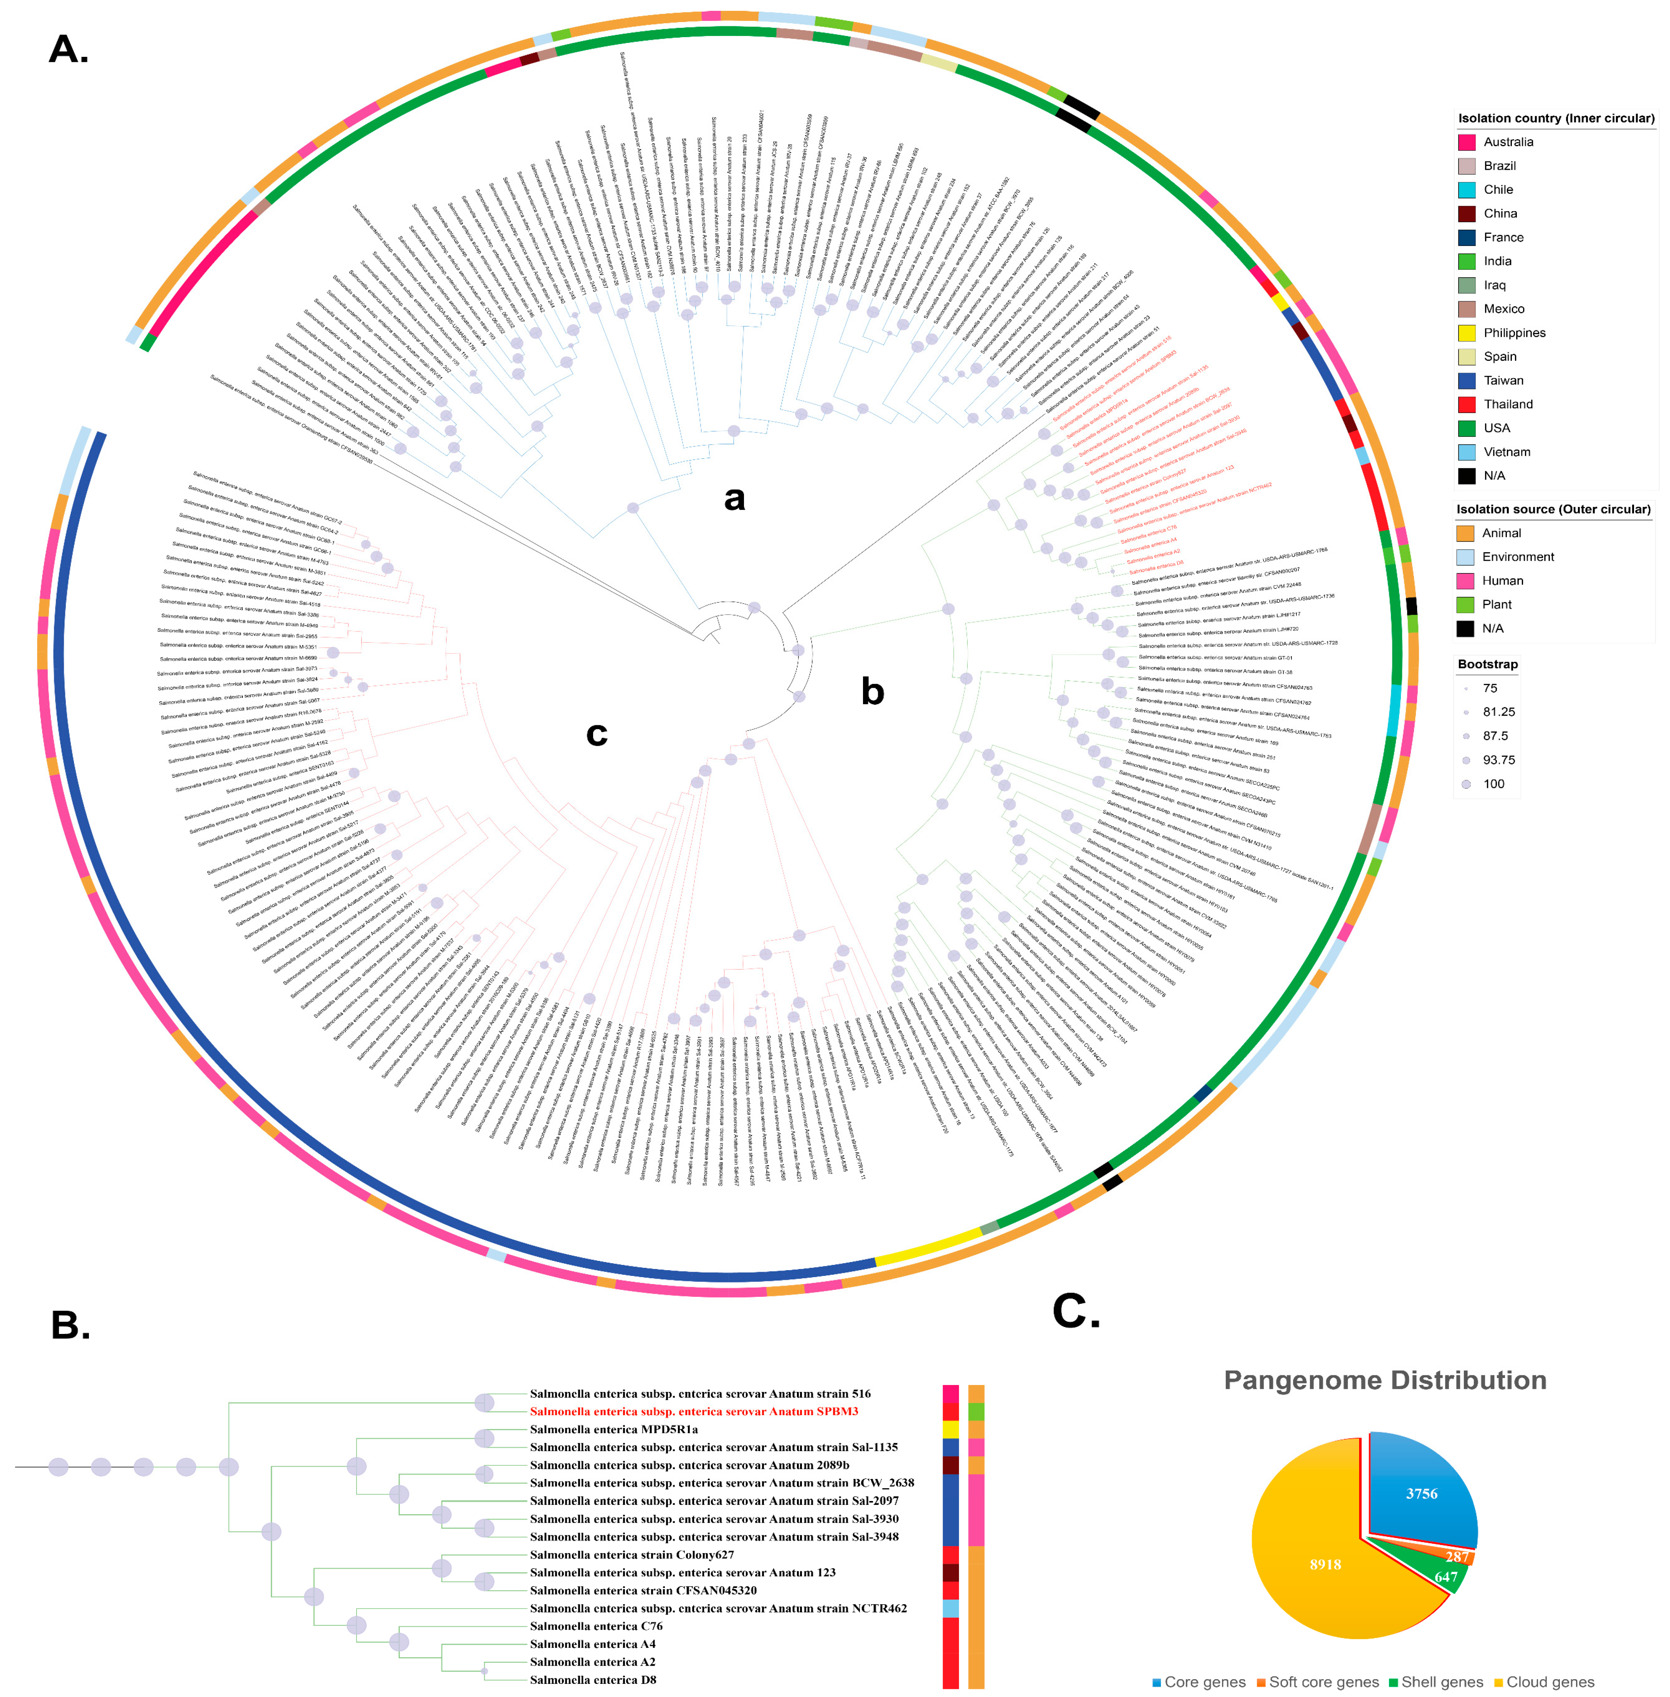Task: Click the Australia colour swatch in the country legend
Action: [x=1467, y=142]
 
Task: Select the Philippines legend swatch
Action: [x=1467, y=333]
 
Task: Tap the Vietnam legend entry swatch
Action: [x=1467, y=452]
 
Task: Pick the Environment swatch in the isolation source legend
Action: [x=1465, y=557]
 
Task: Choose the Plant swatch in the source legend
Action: [x=1465, y=604]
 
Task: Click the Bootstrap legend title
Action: [x=1487, y=664]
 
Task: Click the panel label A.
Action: [x=68, y=50]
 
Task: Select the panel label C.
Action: [x=1075, y=1312]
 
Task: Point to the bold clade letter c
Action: [x=596, y=733]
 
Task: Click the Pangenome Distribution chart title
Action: [x=1385, y=1380]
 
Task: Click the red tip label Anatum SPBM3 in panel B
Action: [x=694, y=1411]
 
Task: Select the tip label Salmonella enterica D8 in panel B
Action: [x=593, y=1680]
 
